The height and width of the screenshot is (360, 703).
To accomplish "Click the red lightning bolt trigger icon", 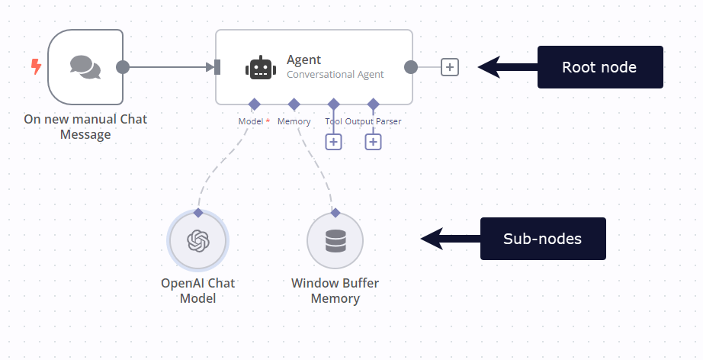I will (36, 67).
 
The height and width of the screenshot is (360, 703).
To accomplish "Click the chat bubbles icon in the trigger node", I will (85, 67).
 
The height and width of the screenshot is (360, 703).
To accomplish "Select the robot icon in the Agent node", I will (261, 67).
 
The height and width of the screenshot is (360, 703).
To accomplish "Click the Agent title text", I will (303, 59).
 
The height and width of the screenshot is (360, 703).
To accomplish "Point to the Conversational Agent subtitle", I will (335, 75).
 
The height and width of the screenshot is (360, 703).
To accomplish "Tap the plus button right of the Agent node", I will (450, 67).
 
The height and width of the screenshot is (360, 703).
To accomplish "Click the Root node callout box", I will (599, 67).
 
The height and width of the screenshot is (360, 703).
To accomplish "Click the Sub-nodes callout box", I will (542, 239).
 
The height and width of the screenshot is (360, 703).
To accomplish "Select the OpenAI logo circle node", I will (197, 241).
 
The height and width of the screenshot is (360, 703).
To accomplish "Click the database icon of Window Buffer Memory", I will (335, 241).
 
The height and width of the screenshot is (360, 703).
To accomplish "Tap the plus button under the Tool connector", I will (333, 141).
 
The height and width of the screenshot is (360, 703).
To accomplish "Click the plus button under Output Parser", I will (373, 141).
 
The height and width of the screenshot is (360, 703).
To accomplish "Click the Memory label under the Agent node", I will (294, 121).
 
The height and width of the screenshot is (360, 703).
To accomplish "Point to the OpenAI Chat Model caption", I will (197, 291).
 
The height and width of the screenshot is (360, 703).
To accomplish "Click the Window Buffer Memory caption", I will (335, 291).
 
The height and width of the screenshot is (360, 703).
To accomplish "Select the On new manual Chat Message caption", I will (85, 127).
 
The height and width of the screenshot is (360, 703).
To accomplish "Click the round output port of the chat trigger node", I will (123, 67).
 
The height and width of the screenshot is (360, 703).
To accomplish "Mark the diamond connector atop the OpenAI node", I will (197, 213).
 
